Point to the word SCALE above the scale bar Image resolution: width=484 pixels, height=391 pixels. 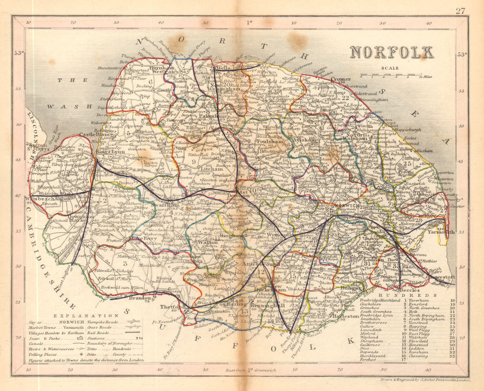point(390,68)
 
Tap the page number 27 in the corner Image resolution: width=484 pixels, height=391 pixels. point(460,11)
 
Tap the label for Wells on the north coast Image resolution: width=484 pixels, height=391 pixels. point(224,69)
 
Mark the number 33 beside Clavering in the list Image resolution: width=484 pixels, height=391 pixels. point(453,356)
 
